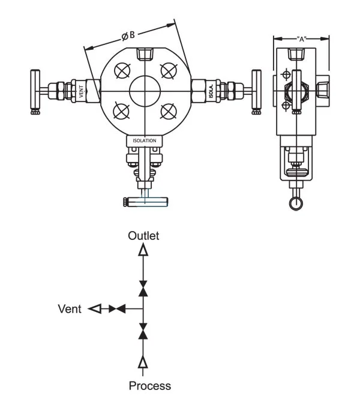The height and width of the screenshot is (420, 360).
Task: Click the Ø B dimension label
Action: [x=128, y=37]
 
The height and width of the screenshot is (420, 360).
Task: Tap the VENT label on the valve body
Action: [x=81, y=92]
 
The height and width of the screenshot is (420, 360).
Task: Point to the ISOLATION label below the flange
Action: [x=145, y=140]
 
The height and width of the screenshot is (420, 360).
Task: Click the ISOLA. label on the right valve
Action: [x=211, y=92]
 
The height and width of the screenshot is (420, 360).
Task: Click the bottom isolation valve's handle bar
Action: [x=145, y=202]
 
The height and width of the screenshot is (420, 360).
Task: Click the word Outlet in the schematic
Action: [x=143, y=236]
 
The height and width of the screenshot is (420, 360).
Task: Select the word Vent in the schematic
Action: [x=70, y=309]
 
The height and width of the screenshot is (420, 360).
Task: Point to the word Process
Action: [x=150, y=386]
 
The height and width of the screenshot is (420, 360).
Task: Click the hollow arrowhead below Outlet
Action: [x=143, y=250]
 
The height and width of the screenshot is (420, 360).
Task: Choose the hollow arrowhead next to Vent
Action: [x=94, y=309]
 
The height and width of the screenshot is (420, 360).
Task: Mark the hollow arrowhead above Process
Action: [x=143, y=361]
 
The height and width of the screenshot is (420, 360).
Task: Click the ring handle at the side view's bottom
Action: [x=295, y=203]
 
